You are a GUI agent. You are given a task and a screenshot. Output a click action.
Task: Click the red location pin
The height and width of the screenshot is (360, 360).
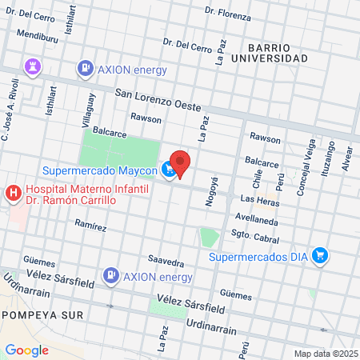pos(180,163)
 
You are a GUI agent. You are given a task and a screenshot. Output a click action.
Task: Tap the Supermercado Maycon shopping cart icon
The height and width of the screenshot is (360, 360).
pos(168,169)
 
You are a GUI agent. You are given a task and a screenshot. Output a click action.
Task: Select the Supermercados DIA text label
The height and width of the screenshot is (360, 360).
pos(258,257)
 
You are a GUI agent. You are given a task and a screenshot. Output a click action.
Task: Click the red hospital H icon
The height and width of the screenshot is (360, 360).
pos(13,193)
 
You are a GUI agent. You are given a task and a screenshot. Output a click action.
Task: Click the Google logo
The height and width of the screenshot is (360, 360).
pos(26,350)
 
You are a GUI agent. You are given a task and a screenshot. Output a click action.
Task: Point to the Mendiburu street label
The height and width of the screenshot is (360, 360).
pos(38,36)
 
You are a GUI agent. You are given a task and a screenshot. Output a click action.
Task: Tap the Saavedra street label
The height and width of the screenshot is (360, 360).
pos(166,262)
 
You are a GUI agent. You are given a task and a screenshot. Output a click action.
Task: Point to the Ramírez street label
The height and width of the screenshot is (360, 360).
pos(90,226)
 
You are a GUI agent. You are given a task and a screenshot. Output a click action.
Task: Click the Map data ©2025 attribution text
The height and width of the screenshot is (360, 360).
pos(325,354)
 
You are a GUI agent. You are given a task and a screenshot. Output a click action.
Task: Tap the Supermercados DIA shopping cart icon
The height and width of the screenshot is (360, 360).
pos(321,256)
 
